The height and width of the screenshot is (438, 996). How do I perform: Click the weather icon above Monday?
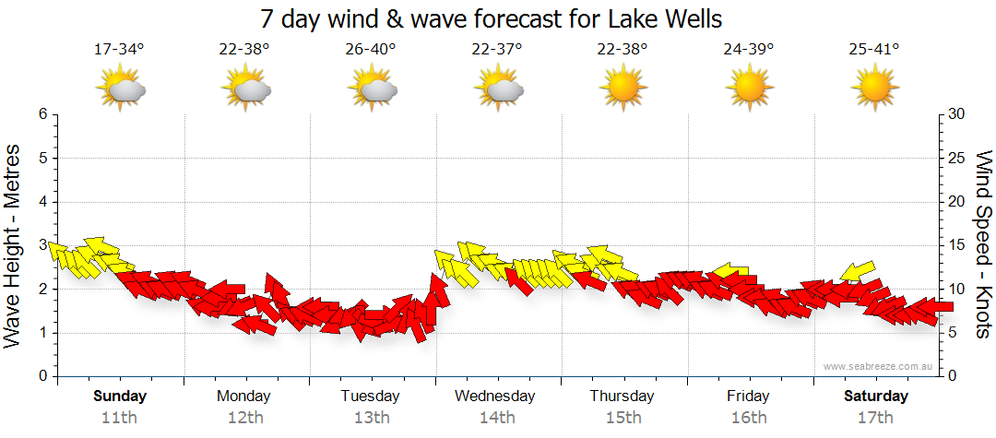(x=245, y=89)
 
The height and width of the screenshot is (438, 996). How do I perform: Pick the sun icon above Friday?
(x=748, y=89)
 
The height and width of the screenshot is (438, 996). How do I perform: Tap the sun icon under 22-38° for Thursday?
(x=622, y=89)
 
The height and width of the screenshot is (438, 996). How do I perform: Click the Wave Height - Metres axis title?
(x=14, y=245)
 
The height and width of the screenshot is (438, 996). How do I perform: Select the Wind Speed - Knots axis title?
(x=983, y=245)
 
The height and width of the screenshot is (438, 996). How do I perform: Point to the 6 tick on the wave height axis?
(x=41, y=114)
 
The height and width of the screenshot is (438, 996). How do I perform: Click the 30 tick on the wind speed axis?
(x=957, y=114)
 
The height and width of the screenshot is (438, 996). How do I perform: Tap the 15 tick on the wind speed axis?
(x=957, y=245)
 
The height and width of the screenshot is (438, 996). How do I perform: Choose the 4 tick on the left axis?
(x=41, y=202)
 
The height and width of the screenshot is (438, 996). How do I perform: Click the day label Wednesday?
(x=495, y=397)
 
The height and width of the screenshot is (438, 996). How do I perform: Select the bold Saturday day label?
(x=875, y=397)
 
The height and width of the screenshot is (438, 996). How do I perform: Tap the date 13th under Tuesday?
(x=371, y=417)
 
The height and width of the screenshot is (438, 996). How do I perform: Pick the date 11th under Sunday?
(x=119, y=417)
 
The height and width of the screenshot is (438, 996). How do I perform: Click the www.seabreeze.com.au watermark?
(x=880, y=366)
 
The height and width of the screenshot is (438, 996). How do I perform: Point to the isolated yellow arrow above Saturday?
(x=858, y=271)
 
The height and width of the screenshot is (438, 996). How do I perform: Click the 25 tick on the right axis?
(x=957, y=158)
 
